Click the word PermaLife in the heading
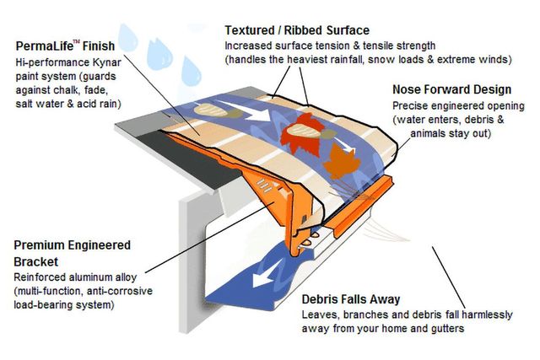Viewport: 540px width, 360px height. (45, 46)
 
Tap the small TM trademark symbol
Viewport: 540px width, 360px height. (77, 42)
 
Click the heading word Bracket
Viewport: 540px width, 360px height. (35, 261)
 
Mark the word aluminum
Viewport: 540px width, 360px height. (90, 277)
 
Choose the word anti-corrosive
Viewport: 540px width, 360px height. (120, 291)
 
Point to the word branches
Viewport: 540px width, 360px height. (364, 314)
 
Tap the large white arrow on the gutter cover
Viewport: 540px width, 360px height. (247, 110)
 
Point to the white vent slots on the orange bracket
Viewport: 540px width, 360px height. (265, 185)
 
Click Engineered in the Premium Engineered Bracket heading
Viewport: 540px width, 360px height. (99, 245)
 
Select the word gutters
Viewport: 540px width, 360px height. (447, 329)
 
